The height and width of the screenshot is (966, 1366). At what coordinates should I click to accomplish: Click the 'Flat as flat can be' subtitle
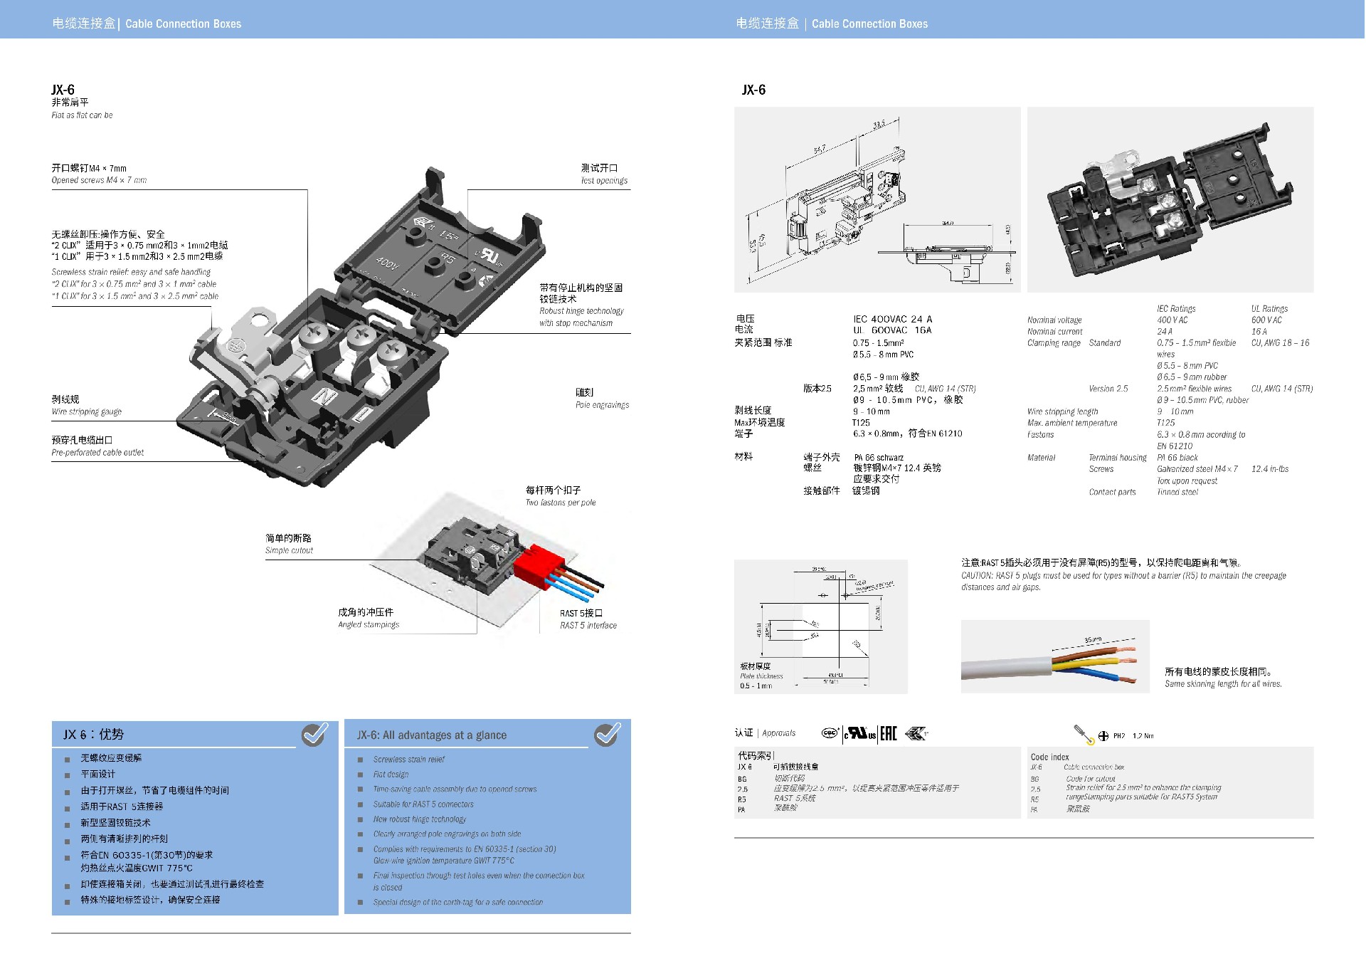click(x=82, y=115)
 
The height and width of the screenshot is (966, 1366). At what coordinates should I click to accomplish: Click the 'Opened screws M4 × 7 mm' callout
click(x=99, y=180)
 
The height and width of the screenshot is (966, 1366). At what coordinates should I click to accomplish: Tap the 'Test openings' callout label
click(x=604, y=181)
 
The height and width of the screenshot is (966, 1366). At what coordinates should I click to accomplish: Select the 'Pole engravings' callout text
click(x=602, y=405)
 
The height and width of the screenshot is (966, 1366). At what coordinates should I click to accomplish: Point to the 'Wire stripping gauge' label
click(x=86, y=411)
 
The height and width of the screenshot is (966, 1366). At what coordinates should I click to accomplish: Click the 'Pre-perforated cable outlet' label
click(x=97, y=453)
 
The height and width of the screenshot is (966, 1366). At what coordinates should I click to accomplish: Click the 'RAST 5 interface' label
click(x=588, y=626)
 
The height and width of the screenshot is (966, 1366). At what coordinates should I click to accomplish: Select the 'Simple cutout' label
click(x=289, y=550)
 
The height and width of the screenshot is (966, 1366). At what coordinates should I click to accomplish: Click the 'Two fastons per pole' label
click(x=561, y=503)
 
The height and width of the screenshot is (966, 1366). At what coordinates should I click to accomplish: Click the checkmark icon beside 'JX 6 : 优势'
click(x=314, y=734)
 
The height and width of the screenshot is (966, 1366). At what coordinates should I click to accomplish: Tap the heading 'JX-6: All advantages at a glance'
click(x=431, y=735)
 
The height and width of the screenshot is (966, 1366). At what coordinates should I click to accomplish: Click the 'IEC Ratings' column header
click(x=1176, y=309)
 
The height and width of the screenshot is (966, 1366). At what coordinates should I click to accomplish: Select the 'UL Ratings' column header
click(x=1269, y=309)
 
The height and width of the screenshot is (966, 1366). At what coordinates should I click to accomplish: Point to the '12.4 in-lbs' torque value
click(x=1269, y=469)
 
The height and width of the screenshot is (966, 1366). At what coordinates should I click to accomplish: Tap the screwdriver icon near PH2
click(x=1084, y=734)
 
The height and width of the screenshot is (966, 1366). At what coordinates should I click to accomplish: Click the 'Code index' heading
click(x=1049, y=757)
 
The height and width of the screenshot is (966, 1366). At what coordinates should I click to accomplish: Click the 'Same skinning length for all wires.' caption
click(x=1222, y=684)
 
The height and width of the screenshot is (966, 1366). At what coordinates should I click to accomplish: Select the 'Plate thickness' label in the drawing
click(x=761, y=676)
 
